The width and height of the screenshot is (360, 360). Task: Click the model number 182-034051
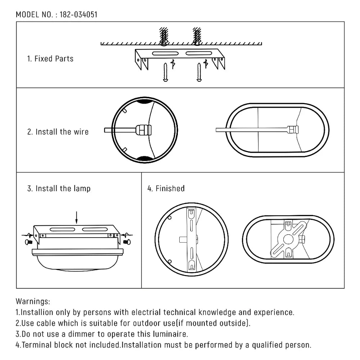79,15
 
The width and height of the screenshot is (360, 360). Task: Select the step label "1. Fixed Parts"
50,59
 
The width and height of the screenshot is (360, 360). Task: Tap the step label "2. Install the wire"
58,132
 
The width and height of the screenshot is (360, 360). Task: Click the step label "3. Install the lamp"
59,189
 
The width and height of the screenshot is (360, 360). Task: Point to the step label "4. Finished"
166,189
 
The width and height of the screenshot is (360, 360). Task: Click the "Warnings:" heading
33,301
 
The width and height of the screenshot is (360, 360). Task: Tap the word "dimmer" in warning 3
72,334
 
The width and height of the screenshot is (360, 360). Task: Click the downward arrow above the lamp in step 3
76,217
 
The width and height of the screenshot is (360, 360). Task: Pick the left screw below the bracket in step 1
165,72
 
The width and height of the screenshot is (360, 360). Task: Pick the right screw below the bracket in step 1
198,72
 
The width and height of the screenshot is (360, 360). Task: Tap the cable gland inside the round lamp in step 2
143,130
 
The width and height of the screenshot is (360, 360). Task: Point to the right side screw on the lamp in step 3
126,242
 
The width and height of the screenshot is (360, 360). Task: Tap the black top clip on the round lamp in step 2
145,101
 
